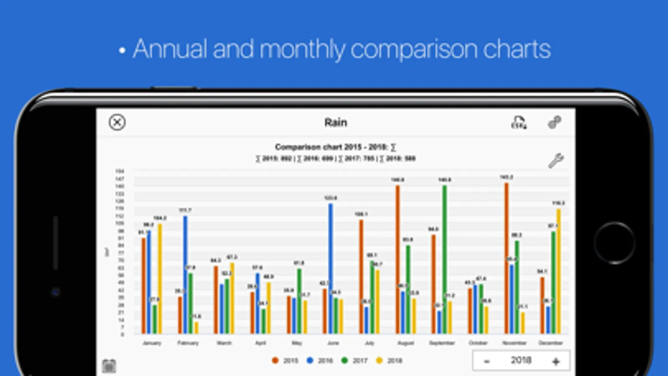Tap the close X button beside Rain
coord(117,122)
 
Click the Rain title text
coord(335,122)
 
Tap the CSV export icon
coord(519,122)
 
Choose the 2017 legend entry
coord(355,361)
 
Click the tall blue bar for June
coord(331,267)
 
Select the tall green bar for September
coord(444,259)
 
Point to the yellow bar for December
coord(559,272)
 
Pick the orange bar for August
coord(398,259)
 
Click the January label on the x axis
coord(152,343)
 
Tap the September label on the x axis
coord(442,343)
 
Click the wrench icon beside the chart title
coord(556,160)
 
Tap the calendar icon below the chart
coord(109,366)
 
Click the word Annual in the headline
coord(170,49)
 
